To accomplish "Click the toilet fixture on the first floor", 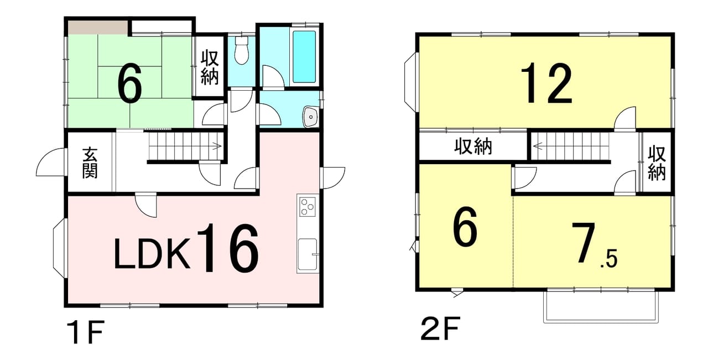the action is click(242, 50).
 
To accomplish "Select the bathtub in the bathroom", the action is click(304, 56).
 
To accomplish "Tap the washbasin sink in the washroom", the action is click(311, 117).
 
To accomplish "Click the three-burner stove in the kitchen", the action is click(308, 207).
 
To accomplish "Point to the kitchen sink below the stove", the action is click(307, 254).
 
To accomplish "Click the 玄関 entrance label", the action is click(90, 163).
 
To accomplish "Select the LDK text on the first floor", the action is click(152, 254).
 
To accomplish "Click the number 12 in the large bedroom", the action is click(546, 83).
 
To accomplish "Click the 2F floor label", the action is click(440, 328).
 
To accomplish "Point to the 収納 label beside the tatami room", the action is click(210, 67).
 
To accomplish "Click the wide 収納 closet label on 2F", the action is click(473, 147).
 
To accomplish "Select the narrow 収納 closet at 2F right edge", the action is click(657, 163).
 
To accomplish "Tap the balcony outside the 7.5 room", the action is click(601, 306).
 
